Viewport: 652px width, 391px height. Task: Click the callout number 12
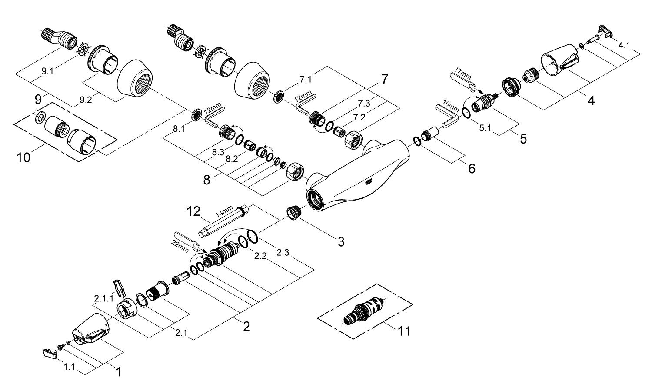tap(193, 211)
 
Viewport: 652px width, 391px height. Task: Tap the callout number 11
tap(404, 331)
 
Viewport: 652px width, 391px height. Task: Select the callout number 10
tap(23, 158)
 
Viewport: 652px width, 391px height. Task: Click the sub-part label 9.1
tap(47, 71)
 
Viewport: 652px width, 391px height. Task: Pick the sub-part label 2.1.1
tap(103, 299)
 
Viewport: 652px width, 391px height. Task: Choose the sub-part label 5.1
tap(485, 128)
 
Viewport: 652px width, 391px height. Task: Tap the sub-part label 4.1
tap(624, 45)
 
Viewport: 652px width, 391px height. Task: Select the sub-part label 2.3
tap(283, 253)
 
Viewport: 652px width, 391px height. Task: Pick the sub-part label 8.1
tap(179, 129)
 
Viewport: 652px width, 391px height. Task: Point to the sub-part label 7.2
tap(359, 117)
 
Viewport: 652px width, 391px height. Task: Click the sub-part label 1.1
tap(69, 367)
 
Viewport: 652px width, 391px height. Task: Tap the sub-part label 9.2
tap(86, 100)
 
